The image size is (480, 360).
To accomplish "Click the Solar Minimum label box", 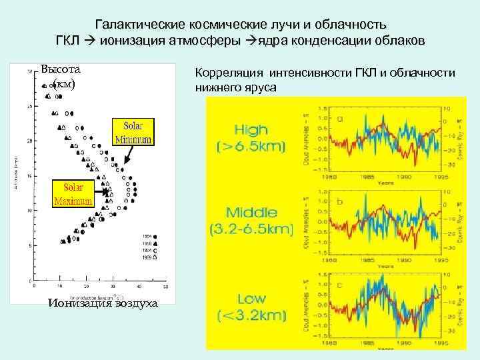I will [135, 132].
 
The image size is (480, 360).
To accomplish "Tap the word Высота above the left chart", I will [60, 69].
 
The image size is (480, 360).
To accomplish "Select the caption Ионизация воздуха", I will [103, 303].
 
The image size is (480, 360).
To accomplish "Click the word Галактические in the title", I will [135, 25].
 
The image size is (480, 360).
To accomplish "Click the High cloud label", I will [251, 130].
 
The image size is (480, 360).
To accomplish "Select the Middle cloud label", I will [251, 213].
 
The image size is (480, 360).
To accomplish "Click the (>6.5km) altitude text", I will [251, 146].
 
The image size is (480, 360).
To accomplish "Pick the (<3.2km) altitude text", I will [251, 314].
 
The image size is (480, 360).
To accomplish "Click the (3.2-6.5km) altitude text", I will [251, 229].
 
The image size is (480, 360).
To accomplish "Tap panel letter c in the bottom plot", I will [341, 284].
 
